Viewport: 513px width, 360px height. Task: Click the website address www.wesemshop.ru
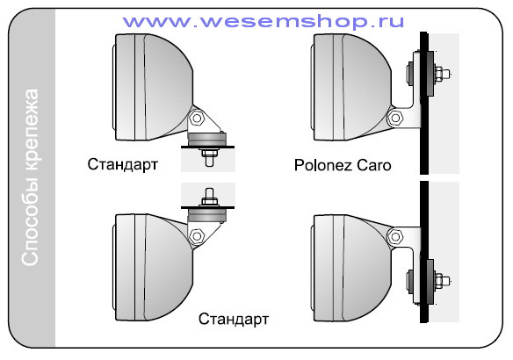[x=264, y=22]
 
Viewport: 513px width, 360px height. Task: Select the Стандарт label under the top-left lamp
[x=122, y=164]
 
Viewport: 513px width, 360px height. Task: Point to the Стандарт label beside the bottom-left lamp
[x=234, y=319]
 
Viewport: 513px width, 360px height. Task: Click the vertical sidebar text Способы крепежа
[x=30, y=176]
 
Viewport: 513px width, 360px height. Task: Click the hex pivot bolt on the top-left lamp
[x=197, y=118]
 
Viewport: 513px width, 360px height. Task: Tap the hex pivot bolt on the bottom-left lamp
[x=197, y=235]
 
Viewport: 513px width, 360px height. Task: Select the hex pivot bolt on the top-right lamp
[x=395, y=118]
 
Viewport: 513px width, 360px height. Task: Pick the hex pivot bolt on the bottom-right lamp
[x=395, y=235]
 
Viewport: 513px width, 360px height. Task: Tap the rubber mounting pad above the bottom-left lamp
[x=206, y=215]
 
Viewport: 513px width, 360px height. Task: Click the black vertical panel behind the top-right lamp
[x=424, y=103]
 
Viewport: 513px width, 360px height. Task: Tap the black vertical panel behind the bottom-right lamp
[x=424, y=252]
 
